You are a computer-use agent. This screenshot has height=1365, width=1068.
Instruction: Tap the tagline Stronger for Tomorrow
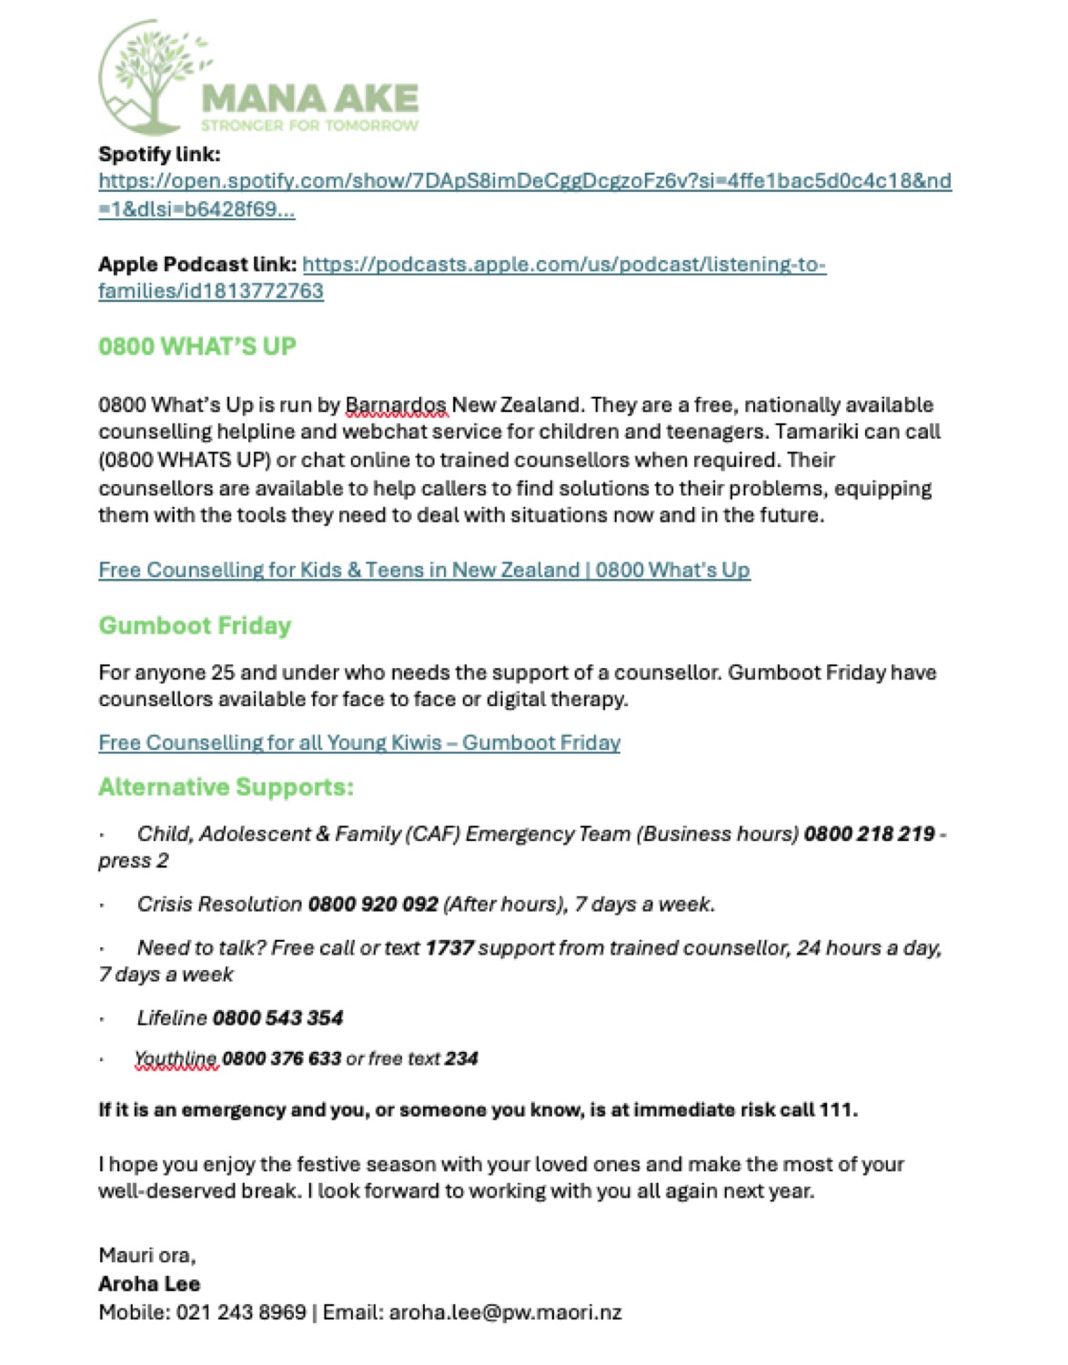(x=309, y=126)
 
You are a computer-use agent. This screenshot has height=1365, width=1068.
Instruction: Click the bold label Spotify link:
(x=159, y=154)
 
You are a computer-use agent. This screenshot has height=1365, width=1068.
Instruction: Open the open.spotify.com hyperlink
(x=524, y=181)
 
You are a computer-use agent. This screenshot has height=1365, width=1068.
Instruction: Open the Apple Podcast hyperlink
(x=564, y=265)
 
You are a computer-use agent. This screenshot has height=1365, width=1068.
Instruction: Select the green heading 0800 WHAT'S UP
(x=197, y=347)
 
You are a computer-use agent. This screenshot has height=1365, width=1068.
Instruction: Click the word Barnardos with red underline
(x=396, y=405)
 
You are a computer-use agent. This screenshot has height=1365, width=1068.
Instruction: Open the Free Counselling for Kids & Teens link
(x=424, y=571)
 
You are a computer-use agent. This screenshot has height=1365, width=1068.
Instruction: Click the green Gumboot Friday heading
(x=195, y=626)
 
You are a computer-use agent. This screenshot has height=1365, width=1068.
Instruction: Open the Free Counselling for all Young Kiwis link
(x=359, y=743)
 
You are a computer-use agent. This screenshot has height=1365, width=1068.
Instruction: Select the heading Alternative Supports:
(x=226, y=787)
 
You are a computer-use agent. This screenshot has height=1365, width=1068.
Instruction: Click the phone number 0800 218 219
(x=869, y=834)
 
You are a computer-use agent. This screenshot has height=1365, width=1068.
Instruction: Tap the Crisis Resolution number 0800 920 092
(x=373, y=905)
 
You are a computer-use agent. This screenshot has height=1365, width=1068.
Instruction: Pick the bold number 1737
(x=449, y=948)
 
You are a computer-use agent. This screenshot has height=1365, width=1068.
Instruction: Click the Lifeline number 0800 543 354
(x=277, y=1018)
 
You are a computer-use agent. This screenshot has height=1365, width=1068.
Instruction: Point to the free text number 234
(x=461, y=1059)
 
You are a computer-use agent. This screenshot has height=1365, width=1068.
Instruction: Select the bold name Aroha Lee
(x=149, y=1284)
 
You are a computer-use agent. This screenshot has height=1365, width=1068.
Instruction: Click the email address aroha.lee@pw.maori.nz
(x=505, y=1312)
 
